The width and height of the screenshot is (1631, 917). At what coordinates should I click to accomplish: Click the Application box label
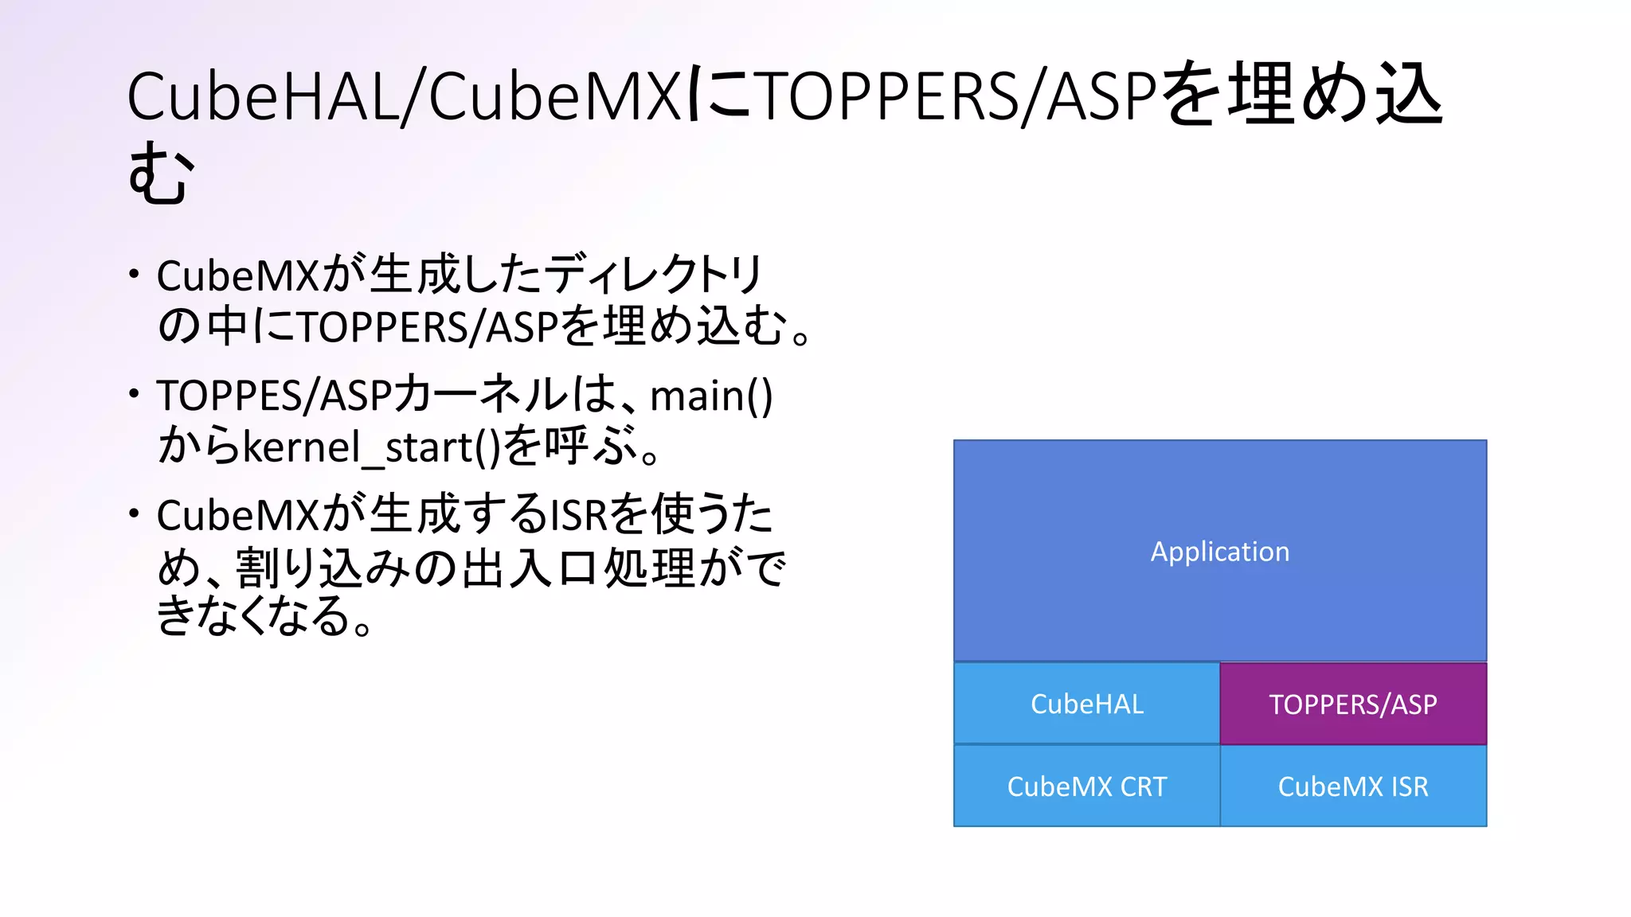click(1219, 552)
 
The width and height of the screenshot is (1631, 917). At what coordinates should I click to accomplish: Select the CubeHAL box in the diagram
click(1086, 704)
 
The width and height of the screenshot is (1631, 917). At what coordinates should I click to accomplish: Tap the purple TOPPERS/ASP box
click(1353, 704)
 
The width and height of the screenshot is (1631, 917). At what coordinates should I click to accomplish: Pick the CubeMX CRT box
click(1086, 786)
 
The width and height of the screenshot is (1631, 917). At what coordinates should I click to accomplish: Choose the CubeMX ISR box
click(1353, 786)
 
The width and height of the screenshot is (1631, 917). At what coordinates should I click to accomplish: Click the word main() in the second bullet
click(711, 396)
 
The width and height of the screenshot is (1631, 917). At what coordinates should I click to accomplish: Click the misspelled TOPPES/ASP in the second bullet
click(274, 396)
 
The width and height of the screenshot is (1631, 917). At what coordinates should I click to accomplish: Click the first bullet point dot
click(135, 275)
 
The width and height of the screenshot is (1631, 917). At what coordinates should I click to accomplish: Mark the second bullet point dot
click(135, 393)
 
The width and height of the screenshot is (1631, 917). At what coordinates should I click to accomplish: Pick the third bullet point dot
click(135, 513)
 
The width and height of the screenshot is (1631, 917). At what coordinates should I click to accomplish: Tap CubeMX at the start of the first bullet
click(237, 276)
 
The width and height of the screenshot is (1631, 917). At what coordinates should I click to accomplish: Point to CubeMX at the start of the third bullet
click(237, 516)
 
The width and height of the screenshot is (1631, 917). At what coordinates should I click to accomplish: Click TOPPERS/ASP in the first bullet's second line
click(427, 327)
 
